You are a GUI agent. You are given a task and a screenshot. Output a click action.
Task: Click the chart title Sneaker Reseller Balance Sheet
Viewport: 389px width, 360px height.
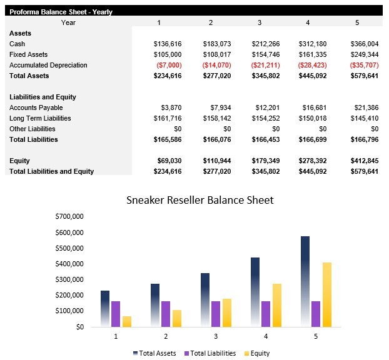pos(200,201)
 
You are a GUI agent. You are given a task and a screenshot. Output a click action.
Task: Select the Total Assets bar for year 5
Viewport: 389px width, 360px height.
pos(305,281)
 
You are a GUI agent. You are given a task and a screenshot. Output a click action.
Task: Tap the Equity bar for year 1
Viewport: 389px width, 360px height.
pos(127,321)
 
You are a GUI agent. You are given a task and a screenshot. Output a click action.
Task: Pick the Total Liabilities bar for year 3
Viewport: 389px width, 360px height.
pos(216,314)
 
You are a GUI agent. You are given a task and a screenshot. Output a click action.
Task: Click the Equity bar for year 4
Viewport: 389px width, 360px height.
pos(276,305)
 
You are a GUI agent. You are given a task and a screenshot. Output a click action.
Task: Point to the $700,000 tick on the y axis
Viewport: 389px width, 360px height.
pos(69,217)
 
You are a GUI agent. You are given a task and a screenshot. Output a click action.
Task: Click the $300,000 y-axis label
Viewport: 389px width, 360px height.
pos(69,279)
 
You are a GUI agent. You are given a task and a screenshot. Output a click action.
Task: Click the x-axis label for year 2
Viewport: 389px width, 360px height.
pos(166,336)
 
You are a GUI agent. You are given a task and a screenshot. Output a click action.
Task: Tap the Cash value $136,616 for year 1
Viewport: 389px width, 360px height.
pos(167,44)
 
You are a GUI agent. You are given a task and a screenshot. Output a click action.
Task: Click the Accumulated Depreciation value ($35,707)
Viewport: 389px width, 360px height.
pos(364,65)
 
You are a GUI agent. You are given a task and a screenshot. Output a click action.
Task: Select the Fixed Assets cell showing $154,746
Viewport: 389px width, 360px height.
pos(266,54)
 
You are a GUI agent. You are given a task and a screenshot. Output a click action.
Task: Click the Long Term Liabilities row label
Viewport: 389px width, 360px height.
pos(40,118)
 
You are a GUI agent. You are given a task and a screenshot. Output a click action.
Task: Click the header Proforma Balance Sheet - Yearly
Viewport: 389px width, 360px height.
pos(61,12)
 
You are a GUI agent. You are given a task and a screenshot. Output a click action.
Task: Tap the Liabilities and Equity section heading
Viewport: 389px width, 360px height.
pos(43,97)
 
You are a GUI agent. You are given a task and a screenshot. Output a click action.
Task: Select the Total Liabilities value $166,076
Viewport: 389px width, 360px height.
pos(216,139)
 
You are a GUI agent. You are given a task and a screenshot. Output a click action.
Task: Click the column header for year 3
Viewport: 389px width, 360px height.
pos(260,22)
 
